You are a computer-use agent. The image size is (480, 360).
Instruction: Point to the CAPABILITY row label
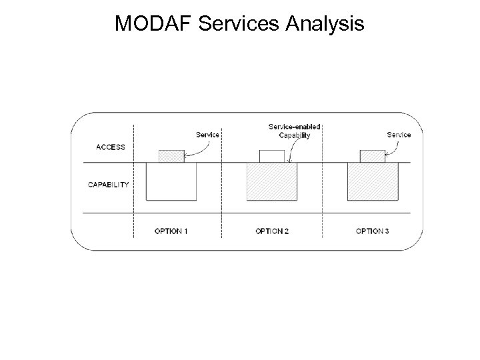tap(109, 185)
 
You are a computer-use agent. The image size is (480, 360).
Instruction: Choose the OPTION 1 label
tap(171, 231)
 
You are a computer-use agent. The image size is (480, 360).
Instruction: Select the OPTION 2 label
tap(272, 231)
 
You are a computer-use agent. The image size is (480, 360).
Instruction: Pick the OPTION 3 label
tap(373, 231)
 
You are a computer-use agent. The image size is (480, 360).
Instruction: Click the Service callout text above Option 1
tap(207, 135)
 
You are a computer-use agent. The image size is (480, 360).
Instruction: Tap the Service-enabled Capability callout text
tap(294, 131)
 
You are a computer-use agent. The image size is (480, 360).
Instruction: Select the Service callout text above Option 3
tap(399, 135)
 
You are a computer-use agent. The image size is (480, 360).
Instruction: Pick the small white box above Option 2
tap(272, 156)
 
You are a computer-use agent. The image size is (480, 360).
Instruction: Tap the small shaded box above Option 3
tap(372, 156)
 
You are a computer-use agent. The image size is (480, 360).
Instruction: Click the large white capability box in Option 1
tap(171, 181)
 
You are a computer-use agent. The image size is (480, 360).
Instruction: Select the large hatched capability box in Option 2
tap(272, 181)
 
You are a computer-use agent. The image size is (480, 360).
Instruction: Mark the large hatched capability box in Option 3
tap(373, 181)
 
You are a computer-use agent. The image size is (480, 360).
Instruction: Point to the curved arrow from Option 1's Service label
tap(197, 150)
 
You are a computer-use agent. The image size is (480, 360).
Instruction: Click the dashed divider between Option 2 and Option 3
tap(323, 200)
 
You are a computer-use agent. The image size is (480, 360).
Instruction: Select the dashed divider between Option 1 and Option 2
tap(221, 200)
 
